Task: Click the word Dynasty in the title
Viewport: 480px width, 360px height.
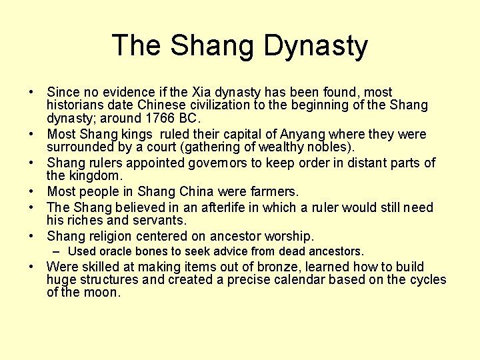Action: click(x=315, y=46)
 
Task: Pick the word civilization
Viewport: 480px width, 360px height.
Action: click(x=215, y=105)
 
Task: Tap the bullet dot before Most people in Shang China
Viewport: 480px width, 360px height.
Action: click(x=32, y=192)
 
